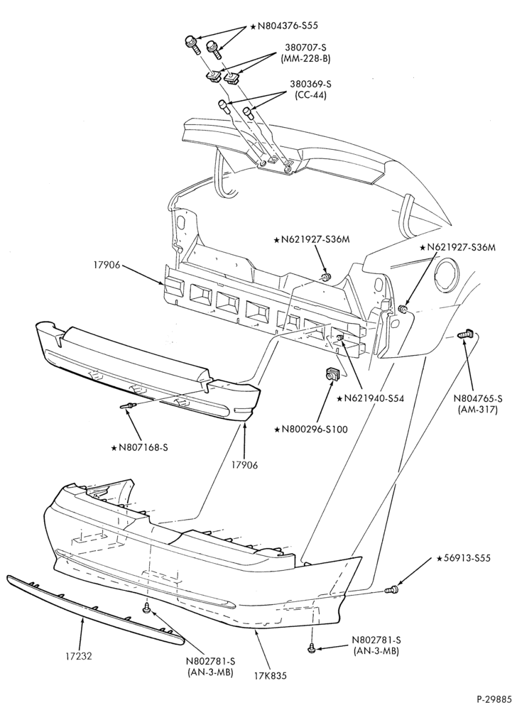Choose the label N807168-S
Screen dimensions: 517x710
(143, 447)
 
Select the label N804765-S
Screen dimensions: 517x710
(479, 398)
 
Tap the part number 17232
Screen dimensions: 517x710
(79, 655)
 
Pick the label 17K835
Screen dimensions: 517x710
(271, 676)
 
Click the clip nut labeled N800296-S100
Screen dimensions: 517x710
(331, 374)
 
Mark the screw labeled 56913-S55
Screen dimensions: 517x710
(391, 589)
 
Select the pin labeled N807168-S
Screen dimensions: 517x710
(128, 405)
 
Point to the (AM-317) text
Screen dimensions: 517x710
(479, 410)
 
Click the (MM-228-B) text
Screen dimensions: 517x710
(303, 58)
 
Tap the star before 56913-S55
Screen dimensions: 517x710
(439, 558)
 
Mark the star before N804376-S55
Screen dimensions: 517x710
(253, 26)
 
